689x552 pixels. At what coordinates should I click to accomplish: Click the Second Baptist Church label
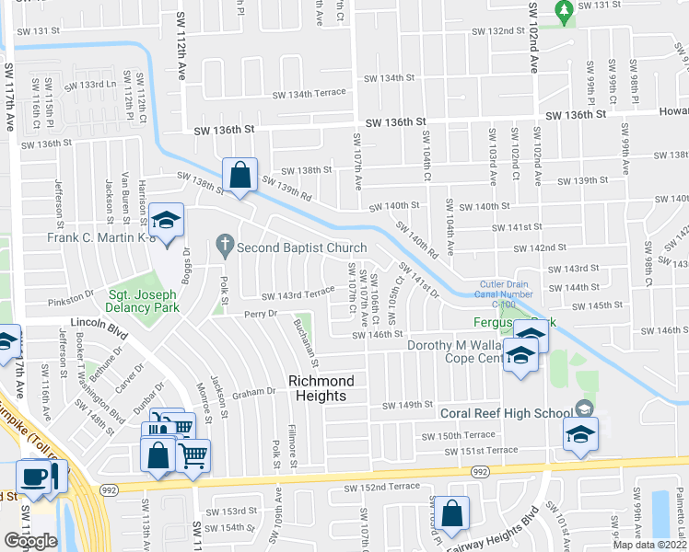click(x=301, y=247)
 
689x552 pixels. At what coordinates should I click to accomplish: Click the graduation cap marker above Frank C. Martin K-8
click(x=167, y=221)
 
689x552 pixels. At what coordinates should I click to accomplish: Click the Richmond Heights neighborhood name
click(x=316, y=387)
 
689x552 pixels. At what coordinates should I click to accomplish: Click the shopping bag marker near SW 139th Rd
click(x=239, y=173)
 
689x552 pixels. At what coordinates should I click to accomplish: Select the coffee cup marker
click(x=35, y=477)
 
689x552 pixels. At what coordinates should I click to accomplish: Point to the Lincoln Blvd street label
click(x=98, y=326)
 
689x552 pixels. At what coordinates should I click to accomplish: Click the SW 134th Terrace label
click(x=309, y=93)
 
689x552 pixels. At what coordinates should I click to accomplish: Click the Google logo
click(x=31, y=540)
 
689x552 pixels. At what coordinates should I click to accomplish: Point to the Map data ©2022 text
click(x=650, y=545)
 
